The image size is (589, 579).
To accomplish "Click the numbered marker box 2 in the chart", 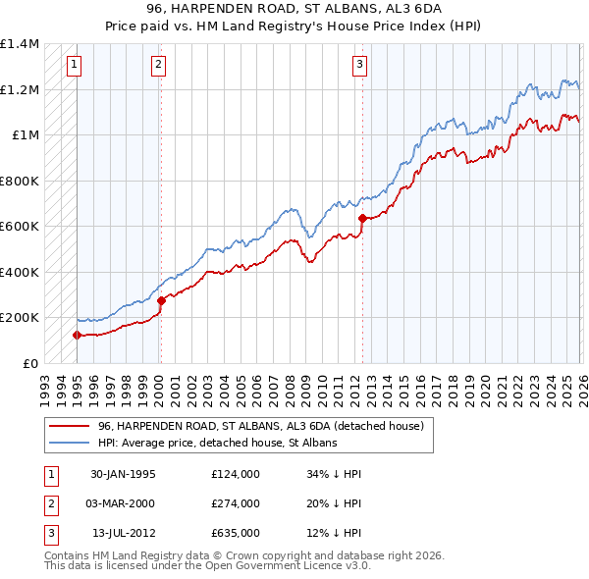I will (159, 66).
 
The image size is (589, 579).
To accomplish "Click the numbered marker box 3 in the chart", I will (359, 66).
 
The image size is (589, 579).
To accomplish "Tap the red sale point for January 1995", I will (77, 336).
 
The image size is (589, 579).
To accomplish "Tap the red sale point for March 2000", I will (161, 301).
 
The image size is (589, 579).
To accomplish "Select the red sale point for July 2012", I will (362, 219).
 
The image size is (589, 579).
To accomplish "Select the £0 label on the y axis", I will (29, 363).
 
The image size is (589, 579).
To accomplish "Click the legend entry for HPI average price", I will (217, 443).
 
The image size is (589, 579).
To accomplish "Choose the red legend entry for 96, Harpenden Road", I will (260, 427).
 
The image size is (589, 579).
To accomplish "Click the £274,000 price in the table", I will (235, 503).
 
